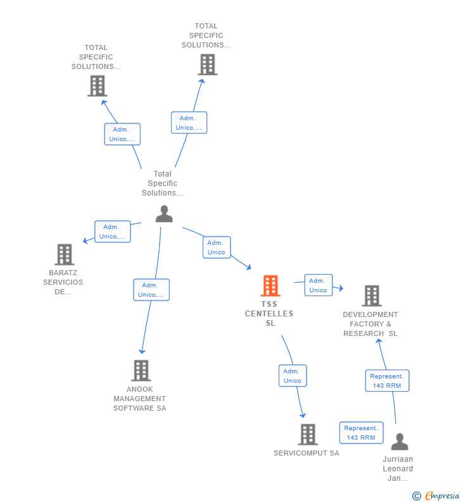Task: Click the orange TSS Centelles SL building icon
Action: tap(270, 286)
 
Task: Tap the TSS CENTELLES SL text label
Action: tap(269, 314)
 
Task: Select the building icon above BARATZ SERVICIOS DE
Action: tap(64, 254)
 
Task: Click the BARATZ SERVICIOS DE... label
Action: tap(63, 283)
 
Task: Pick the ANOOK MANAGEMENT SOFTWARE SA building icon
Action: tap(141, 371)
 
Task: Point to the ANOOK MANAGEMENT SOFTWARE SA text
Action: tap(139, 399)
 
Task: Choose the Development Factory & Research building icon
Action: tap(372, 295)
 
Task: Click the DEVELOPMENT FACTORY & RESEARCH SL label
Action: tap(370, 324)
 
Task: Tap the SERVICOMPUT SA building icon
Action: tap(308, 434)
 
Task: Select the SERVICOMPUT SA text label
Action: tap(306, 453)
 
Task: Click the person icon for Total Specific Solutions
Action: tap(164, 214)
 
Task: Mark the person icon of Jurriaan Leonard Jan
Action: tap(399, 441)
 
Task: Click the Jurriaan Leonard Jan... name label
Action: tap(398, 469)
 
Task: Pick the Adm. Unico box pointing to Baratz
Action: tap(113, 232)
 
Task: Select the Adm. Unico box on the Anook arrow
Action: tap(151, 290)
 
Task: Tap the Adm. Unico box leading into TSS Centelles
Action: tap(217, 247)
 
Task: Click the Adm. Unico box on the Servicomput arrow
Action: tap(293, 376)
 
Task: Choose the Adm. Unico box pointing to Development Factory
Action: tap(318, 285)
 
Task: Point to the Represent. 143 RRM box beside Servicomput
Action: tap(361, 433)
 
